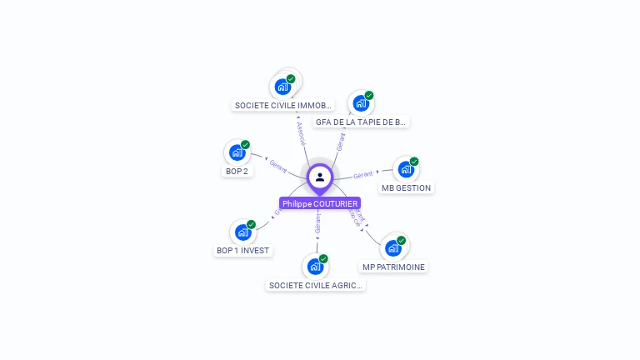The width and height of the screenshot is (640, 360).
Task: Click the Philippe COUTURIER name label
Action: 320,203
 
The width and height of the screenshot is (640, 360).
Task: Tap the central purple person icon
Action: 320,177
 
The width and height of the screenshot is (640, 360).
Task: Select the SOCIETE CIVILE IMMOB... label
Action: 283,106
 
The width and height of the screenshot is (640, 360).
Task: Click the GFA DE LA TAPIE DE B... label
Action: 361,122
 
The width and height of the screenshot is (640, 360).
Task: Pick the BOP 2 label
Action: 237,171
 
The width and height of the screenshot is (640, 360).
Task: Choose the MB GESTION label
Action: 406,187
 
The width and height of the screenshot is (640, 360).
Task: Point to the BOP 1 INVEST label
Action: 242,250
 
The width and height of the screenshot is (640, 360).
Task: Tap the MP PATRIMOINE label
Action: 393,267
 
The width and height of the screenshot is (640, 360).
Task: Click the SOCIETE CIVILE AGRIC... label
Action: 316,285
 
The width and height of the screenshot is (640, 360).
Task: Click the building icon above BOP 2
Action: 237,152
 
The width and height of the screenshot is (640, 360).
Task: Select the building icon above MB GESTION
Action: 406,169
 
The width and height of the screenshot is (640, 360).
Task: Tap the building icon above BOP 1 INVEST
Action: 242,232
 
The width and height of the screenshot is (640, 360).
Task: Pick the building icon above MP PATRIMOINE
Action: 393,247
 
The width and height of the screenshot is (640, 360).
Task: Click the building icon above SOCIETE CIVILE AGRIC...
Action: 315,267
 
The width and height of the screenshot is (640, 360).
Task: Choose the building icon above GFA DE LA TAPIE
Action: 360,103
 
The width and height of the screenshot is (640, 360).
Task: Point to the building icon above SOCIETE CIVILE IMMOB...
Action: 282,87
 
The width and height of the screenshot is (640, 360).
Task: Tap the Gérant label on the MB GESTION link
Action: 362,175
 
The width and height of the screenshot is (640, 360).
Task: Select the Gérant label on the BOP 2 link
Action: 277,166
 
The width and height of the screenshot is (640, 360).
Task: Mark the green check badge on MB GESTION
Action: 414,162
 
